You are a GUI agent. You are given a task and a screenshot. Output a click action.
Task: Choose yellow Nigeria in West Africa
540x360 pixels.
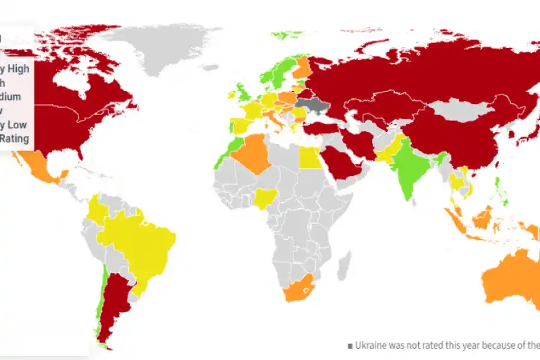click(265, 199)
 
